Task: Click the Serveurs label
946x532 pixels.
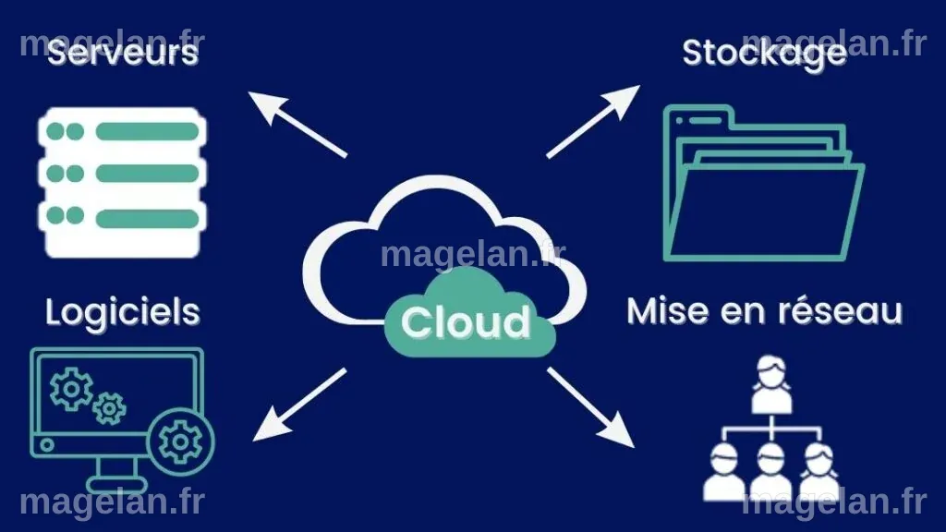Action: [123, 53]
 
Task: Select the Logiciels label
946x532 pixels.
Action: [123, 313]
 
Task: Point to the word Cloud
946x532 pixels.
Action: [466, 322]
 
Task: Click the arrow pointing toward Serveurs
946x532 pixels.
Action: [297, 125]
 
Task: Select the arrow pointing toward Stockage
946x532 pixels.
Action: [593, 121]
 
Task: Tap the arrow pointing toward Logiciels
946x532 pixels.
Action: [299, 405]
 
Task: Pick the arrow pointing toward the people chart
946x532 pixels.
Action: [590, 407]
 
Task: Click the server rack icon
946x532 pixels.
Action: [123, 183]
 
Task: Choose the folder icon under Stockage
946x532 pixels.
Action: [763, 184]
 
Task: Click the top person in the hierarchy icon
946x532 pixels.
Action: [771, 384]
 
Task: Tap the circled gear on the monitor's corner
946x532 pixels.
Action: [180, 442]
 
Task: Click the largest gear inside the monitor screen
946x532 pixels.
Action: [71, 390]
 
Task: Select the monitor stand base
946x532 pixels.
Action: [117, 484]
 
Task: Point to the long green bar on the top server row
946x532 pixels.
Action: [147, 131]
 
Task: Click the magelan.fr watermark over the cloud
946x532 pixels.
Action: [473, 255]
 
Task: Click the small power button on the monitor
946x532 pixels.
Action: [47, 445]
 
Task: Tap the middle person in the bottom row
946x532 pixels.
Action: [771, 472]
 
